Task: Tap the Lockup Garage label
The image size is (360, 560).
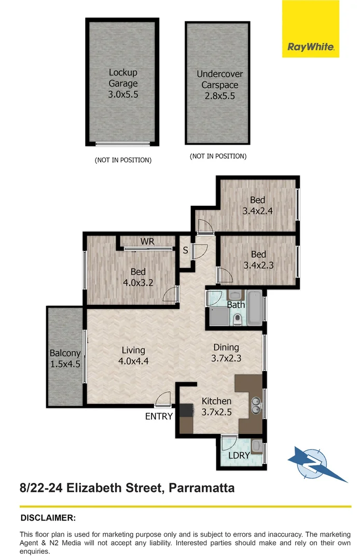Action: (123, 83)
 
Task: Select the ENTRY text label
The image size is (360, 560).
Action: (159, 416)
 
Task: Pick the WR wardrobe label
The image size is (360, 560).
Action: (148, 242)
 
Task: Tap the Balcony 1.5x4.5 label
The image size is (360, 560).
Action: (65, 358)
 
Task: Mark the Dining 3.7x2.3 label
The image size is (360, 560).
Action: (226, 353)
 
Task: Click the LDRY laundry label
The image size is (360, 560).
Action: (239, 456)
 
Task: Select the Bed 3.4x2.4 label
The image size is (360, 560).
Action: (257, 205)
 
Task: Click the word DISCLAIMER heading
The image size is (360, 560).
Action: (48, 517)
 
